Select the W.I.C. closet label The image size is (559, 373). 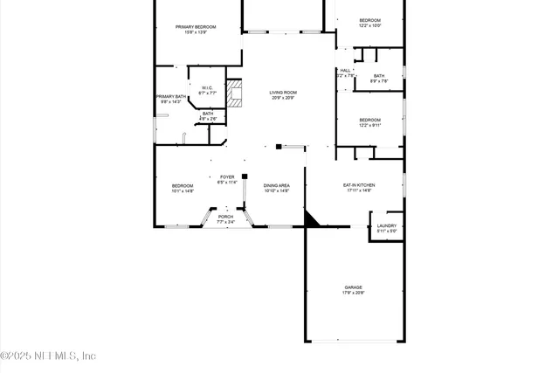207,87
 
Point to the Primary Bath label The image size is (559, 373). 170,97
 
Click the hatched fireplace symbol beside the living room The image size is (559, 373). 234,92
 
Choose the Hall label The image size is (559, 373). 346,71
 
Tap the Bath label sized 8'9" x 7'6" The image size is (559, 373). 379,76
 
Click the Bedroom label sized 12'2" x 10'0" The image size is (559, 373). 370,20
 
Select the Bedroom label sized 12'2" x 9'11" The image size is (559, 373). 370,120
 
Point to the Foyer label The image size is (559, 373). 227,177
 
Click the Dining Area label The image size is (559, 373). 277,185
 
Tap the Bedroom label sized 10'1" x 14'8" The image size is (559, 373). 183,185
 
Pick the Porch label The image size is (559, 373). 225,216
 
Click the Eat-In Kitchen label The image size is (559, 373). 359,185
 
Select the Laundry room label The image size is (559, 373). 386,226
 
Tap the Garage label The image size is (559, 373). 353,287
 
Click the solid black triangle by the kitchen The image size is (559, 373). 312,218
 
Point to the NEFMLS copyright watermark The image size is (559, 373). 48,356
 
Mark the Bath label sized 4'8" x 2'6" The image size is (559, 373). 208,114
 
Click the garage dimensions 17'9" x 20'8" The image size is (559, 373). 353,293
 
